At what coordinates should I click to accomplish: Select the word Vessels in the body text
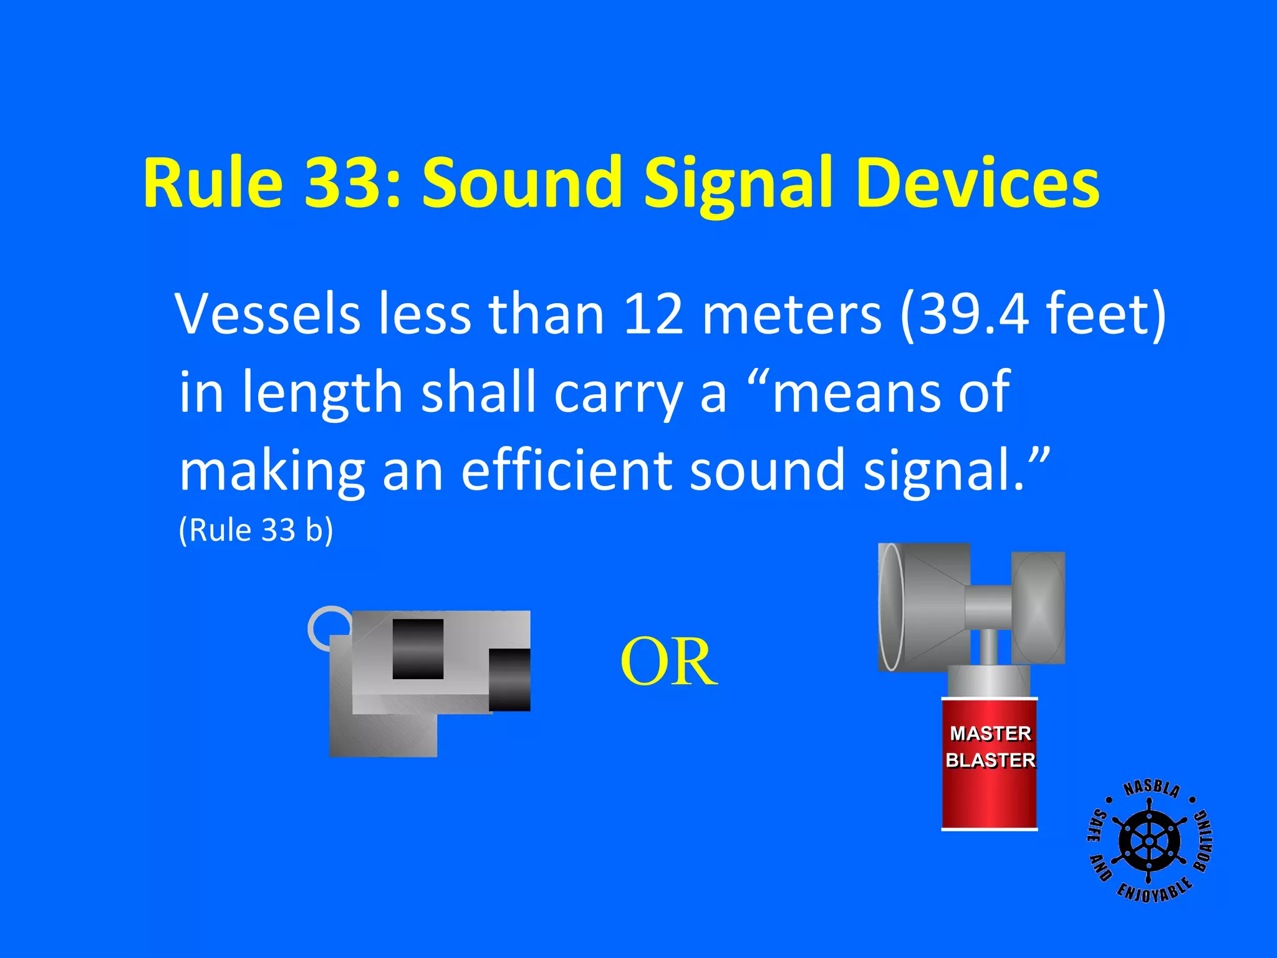[268, 314]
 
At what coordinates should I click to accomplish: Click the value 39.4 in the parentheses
[973, 314]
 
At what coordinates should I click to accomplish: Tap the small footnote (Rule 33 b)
[256, 530]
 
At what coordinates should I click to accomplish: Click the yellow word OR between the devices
[668, 662]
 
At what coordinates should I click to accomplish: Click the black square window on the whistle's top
[418, 649]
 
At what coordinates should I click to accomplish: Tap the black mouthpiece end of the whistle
[509, 680]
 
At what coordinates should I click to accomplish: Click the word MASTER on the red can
[990, 733]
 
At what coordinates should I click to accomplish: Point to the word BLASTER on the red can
[990, 760]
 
